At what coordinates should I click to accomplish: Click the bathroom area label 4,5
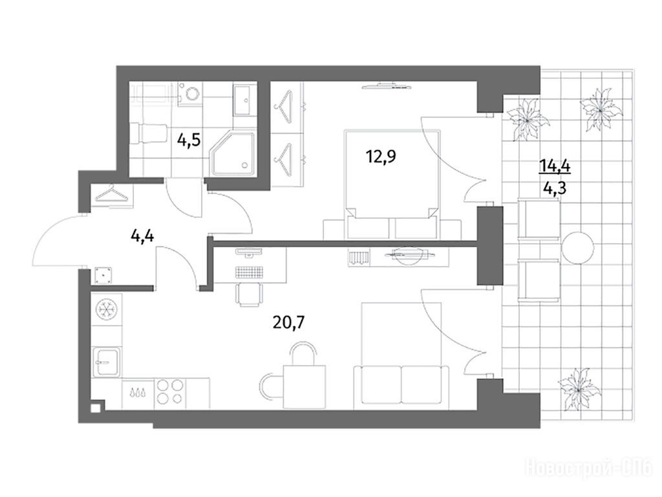188,140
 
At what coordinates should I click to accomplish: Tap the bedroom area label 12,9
381,157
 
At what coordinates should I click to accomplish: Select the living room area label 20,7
289,323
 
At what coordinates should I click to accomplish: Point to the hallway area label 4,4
142,236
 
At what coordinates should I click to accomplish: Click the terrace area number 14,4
555,165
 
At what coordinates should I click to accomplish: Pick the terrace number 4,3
555,187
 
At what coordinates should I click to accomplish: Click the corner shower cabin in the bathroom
234,153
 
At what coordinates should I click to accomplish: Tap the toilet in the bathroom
149,133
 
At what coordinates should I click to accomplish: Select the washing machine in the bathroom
191,93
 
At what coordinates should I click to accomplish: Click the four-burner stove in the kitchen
170,393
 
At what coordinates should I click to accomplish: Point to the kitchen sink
107,362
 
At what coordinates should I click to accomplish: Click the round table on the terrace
578,247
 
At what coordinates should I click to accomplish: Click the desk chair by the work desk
249,294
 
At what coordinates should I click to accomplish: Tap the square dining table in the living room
304,387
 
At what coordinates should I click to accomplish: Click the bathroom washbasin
244,100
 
